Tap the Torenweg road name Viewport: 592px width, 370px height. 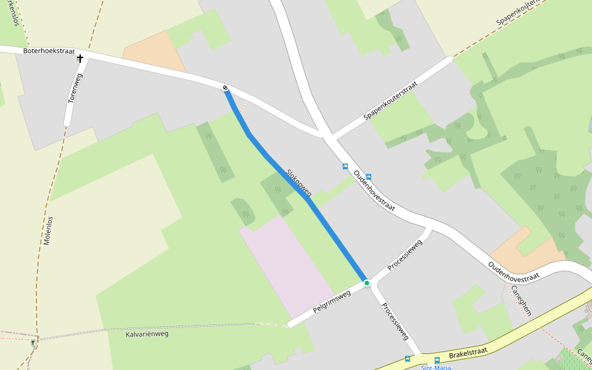click(x=75, y=88)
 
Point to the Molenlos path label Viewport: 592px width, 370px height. click(x=48, y=231)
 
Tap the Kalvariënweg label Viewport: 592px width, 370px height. click(x=147, y=334)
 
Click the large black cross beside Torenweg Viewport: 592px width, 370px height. click(x=80, y=59)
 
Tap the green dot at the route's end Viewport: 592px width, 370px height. click(x=367, y=283)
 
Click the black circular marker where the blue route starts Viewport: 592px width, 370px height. click(x=226, y=88)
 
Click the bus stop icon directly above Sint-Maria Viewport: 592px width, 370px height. click(x=437, y=360)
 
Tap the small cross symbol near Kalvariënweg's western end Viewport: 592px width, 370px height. click(x=33, y=341)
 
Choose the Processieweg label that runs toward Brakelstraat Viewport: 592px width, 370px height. click(x=395, y=321)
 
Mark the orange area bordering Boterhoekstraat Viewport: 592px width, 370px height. click(x=154, y=52)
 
